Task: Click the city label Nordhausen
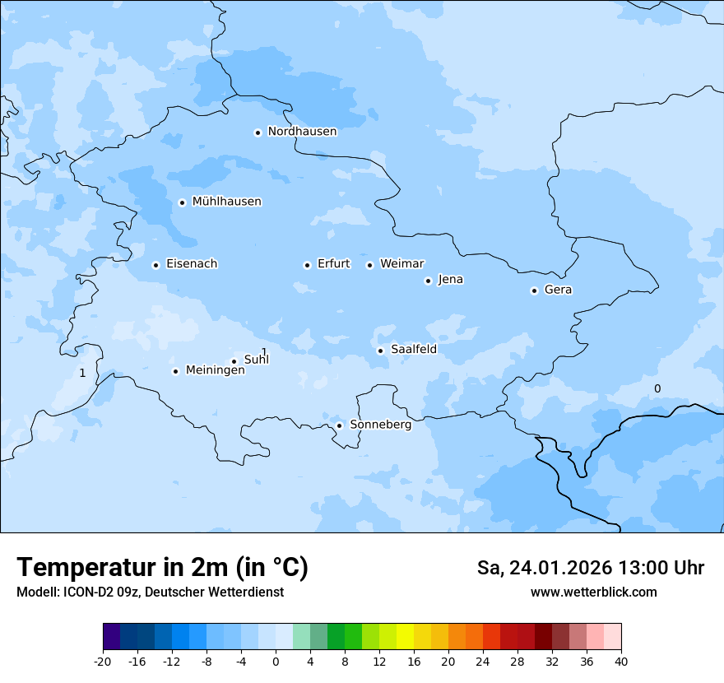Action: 302,132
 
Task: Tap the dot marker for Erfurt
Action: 307,265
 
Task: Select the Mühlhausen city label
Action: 226,202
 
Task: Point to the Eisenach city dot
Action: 155,265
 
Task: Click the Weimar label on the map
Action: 401,264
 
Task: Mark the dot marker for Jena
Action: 428,281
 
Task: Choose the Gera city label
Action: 558,290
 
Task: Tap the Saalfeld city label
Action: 413,350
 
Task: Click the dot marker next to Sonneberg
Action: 339,425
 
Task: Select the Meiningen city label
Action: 215,370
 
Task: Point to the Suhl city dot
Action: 234,361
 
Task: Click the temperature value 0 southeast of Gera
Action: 657,388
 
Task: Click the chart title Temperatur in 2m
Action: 162,568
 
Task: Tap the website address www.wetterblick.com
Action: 593,592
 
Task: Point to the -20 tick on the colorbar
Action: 103,661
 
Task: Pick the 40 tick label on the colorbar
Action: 620,661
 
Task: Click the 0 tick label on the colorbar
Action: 276,661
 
